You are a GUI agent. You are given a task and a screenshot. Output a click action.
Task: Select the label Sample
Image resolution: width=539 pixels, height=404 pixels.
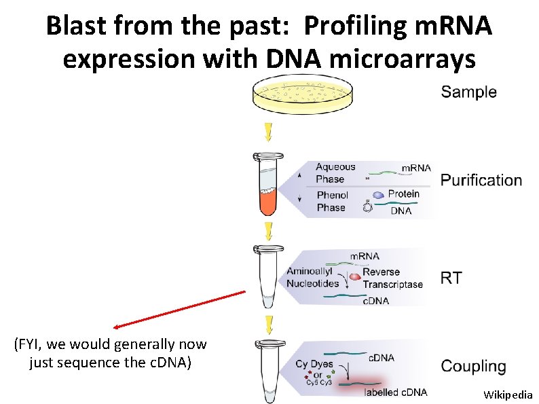click(x=468, y=92)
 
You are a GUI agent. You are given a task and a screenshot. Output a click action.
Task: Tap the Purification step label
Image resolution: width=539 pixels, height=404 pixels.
click(x=481, y=180)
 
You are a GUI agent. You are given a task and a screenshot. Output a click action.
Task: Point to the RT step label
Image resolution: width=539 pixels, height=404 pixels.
click(x=451, y=277)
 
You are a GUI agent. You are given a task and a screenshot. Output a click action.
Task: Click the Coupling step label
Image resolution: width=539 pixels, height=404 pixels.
click(x=473, y=367)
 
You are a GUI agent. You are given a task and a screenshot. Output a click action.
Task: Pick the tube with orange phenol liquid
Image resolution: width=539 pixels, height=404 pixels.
click(x=268, y=183)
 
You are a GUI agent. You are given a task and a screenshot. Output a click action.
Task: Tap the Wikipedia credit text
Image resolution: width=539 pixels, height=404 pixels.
click(x=508, y=394)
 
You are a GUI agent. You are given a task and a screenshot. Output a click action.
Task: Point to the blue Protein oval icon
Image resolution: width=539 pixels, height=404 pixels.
click(x=377, y=194)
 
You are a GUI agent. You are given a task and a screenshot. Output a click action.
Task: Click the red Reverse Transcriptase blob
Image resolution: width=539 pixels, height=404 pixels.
click(x=354, y=276)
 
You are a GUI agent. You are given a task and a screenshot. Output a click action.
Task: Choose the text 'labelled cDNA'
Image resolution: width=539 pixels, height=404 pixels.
click(x=396, y=392)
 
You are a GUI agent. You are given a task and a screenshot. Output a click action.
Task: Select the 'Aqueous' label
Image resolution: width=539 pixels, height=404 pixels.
click(x=335, y=167)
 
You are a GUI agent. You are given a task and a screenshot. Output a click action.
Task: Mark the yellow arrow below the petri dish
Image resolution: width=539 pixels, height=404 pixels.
click(x=269, y=131)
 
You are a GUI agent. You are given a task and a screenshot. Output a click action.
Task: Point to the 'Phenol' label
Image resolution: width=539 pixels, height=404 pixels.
click(x=333, y=196)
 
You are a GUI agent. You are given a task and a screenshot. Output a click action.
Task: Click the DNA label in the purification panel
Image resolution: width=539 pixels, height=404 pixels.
click(x=401, y=211)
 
